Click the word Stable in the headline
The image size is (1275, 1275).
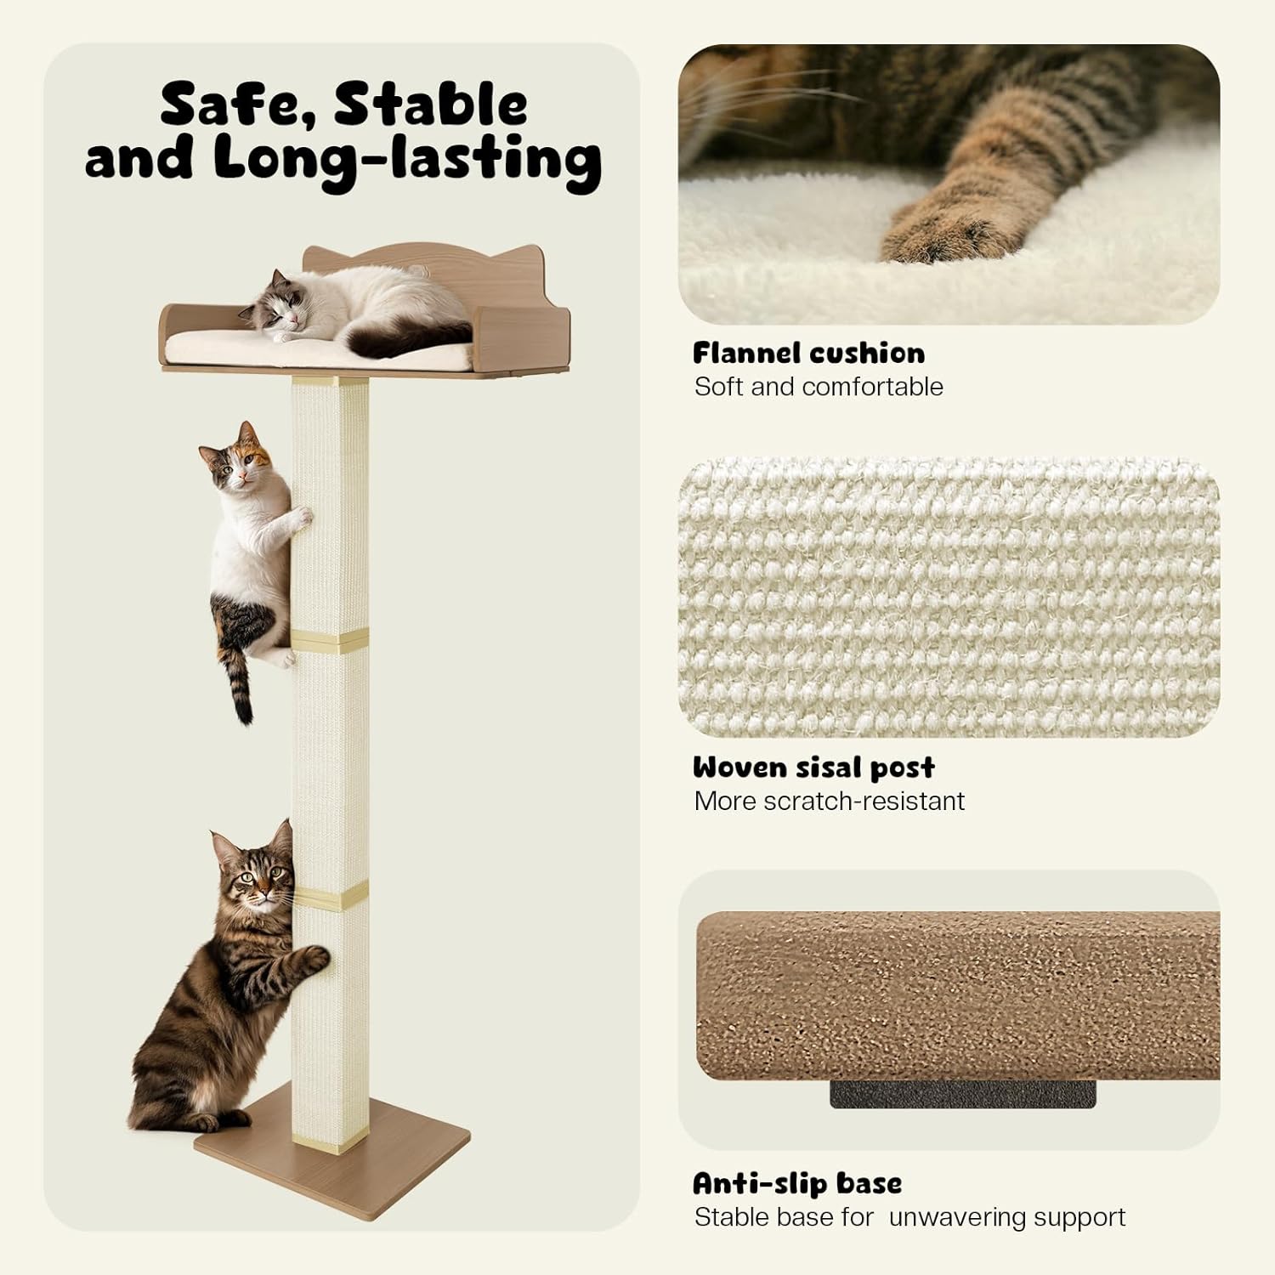(x=430, y=105)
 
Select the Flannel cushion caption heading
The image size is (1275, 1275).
(x=808, y=353)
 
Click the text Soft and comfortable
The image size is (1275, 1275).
(x=819, y=387)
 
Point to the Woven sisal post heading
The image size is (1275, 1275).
(x=813, y=768)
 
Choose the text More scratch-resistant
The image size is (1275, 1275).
(x=829, y=801)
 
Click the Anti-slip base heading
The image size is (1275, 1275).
(x=797, y=1183)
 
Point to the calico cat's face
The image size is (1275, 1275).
(x=241, y=466)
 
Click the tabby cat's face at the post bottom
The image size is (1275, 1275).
(x=253, y=877)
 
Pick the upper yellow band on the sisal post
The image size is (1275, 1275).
(x=331, y=639)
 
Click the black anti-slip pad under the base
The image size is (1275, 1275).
(x=962, y=1093)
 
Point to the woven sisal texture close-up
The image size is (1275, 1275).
(x=949, y=597)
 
